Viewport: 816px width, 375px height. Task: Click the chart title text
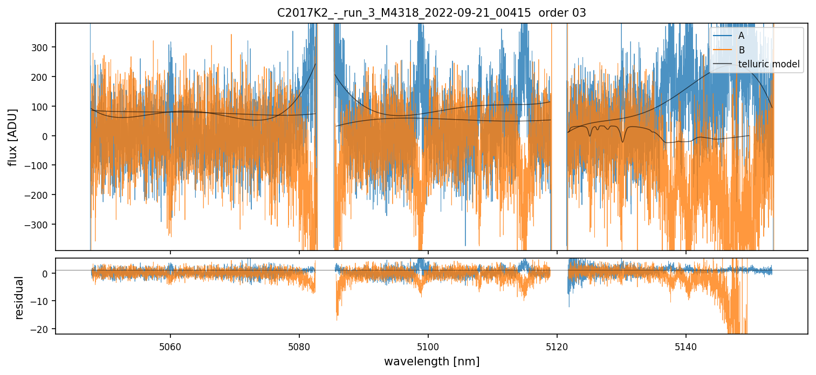click(x=431, y=13)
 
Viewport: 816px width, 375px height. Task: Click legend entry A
click(x=742, y=36)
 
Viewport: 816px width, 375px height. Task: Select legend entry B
click(x=742, y=50)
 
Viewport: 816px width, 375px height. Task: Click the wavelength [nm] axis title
click(x=431, y=361)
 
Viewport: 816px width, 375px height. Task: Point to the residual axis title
click(x=19, y=297)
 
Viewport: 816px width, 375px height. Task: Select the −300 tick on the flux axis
click(x=38, y=224)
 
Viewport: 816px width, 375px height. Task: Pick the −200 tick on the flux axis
click(x=38, y=195)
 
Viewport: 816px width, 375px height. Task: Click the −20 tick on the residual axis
click(x=40, y=329)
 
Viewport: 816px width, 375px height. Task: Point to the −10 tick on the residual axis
click(x=40, y=301)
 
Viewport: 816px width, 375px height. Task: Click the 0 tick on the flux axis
click(x=46, y=136)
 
